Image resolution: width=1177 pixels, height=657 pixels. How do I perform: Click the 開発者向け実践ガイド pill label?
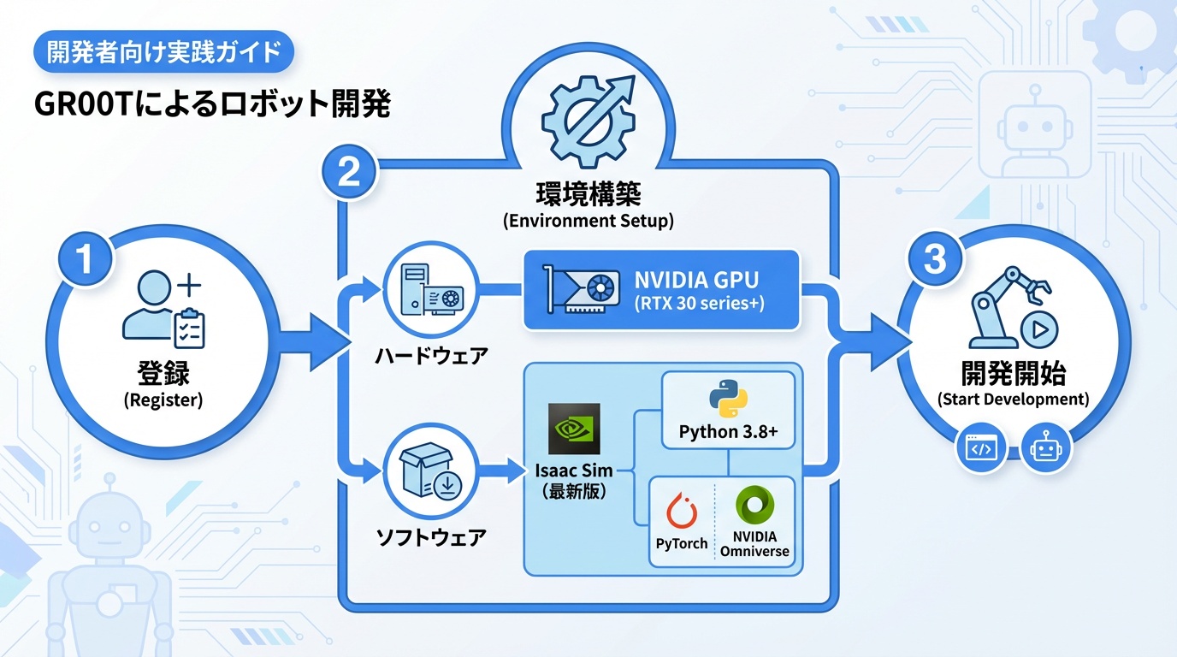(x=163, y=53)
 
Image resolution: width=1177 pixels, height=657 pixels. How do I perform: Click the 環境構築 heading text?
(x=588, y=193)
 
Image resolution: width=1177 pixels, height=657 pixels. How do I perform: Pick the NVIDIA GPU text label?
(x=696, y=281)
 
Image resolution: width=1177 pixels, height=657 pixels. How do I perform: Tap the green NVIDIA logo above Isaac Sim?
(x=574, y=429)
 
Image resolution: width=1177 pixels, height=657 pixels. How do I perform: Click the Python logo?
(x=728, y=399)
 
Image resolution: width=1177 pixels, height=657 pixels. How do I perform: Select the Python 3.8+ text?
(x=728, y=432)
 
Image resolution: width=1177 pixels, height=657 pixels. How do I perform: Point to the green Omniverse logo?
(x=755, y=506)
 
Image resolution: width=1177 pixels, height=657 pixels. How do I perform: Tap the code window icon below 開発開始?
(x=979, y=448)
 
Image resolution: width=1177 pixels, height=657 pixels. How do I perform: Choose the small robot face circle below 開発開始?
(x=1046, y=448)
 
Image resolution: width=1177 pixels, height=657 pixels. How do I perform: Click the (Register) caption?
(x=163, y=400)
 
